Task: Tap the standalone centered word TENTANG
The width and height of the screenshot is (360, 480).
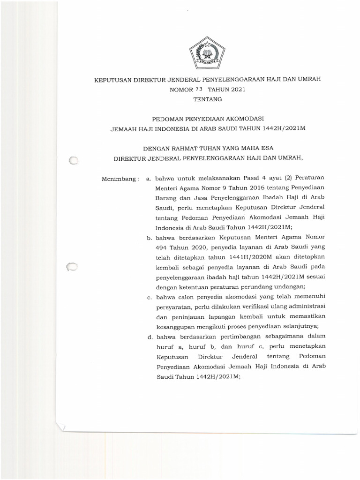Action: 207,99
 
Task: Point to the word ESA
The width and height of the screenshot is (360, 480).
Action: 267,148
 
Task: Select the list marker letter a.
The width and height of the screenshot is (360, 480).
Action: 149,179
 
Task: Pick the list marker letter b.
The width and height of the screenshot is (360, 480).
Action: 149,237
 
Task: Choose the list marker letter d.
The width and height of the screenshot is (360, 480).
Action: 149,336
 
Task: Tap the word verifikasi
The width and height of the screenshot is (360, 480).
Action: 244,307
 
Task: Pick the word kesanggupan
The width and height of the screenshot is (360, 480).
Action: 176,326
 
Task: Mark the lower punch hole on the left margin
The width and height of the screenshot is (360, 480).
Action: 73,267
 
